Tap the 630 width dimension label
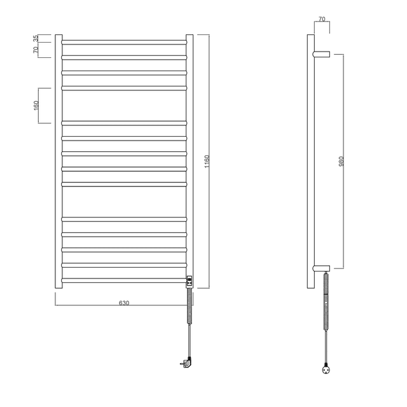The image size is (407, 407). click(x=124, y=303)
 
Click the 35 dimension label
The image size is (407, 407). click(x=36, y=38)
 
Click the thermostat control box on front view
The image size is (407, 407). click(x=190, y=280)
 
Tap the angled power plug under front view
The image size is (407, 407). click(x=186, y=363)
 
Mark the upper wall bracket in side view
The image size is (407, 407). click(x=322, y=53)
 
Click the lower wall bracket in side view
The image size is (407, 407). click(x=322, y=268)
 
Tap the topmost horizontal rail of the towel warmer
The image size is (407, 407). click(x=124, y=42)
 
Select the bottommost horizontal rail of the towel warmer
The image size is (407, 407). click(x=124, y=280)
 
